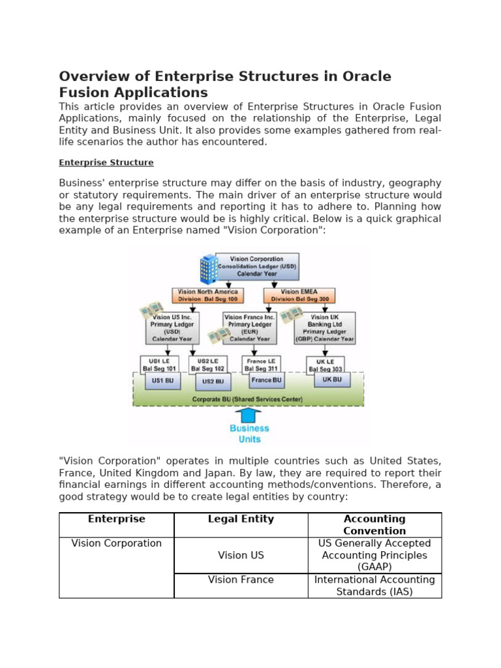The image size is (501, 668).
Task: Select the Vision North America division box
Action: [208, 296]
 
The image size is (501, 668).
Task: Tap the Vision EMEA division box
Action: [299, 296]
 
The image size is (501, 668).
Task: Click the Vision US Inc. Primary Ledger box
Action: [172, 328]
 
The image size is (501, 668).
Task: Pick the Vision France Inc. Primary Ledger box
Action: [250, 328]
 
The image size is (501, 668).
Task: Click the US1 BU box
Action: [162, 380]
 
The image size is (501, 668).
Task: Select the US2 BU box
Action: [213, 382]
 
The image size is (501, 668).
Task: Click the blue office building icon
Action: [208, 269]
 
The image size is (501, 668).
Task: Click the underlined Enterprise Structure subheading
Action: [106, 162]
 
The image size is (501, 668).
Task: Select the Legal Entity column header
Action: [241, 519]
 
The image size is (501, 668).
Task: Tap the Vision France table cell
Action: [241, 579]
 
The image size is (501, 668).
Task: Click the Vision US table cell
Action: [241, 555]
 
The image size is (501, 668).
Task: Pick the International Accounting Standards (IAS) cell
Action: [374, 586]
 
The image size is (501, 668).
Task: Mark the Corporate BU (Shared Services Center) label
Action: [248, 399]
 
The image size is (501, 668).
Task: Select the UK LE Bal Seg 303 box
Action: [325, 365]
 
